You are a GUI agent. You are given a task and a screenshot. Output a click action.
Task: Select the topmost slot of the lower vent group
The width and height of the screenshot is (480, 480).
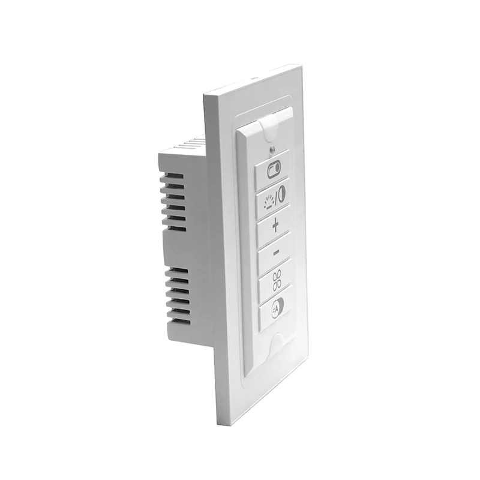(178, 272)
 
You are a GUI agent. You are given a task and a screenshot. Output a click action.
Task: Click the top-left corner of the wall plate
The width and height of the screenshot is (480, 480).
(206, 96)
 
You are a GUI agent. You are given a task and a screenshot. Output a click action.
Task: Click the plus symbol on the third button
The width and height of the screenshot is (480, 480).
(275, 226)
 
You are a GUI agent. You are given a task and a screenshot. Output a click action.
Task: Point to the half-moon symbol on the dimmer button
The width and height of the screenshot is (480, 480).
(281, 193)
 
